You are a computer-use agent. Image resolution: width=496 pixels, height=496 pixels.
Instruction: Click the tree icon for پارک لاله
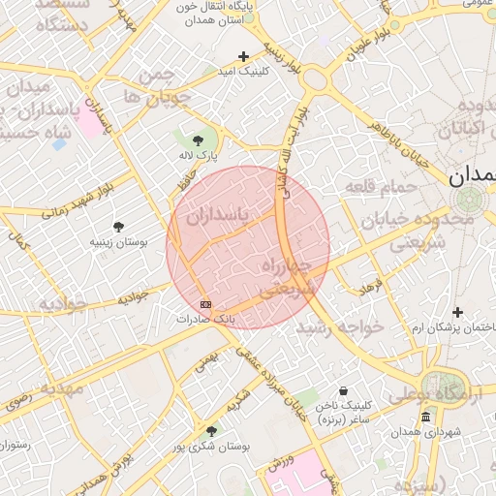pyautogui.click(x=211, y=139)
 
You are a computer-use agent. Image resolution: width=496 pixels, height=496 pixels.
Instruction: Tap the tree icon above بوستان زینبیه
pyautogui.click(x=118, y=226)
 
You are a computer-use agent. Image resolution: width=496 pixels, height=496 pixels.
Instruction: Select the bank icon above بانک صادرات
pyautogui.click(x=204, y=303)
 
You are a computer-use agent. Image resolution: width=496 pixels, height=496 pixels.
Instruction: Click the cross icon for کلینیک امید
pyautogui.click(x=243, y=56)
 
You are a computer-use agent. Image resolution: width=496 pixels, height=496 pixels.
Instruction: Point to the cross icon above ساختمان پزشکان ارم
pyautogui.click(x=457, y=312)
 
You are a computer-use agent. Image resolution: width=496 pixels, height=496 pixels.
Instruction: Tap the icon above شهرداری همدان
pyautogui.click(x=425, y=417)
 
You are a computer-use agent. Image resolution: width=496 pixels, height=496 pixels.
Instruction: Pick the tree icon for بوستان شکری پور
pyautogui.click(x=212, y=430)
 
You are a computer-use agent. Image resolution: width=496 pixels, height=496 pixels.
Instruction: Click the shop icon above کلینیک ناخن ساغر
pyautogui.click(x=343, y=391)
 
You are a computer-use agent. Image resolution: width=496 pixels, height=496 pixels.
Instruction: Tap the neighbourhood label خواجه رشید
pyautogui.click(x=340, y=327)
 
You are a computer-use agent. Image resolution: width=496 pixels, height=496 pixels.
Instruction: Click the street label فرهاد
pyautogui.click(x=373, y=285)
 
